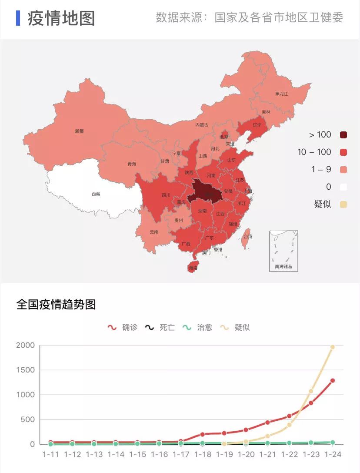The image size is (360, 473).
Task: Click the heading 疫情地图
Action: [x=61, y=18]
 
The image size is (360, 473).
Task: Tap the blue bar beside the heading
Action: [x=18, y=18]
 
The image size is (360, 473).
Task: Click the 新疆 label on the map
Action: [x=79, y=131]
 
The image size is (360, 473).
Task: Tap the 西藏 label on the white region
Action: [x=96, y=194]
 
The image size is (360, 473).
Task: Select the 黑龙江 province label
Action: [x=282, y=94]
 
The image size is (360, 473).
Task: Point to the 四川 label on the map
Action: [x=166, y=195]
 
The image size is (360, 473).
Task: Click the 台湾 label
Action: [x=247, y=236]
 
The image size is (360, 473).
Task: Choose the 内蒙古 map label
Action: [x=202, y=125]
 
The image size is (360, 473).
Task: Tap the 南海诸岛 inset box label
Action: [x=283, y=266]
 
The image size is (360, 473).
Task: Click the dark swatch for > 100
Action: [x=343, y=135]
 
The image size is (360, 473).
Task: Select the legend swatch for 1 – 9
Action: [x=343, y=170]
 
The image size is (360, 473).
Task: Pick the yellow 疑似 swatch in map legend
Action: [x=343, y=204]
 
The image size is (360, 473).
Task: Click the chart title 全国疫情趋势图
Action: [x=56, y=304]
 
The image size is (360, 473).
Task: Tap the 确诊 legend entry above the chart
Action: [x=123, y=327]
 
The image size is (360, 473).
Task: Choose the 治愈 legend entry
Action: [x=198, y=327]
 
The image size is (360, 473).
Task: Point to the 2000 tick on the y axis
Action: [x=25, y=346]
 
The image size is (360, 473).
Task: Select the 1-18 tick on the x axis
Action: [x=203, y=454]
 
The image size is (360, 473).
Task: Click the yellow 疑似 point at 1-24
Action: [x=333, y=347]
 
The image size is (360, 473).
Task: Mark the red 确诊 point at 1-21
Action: [x=267, y=423]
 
